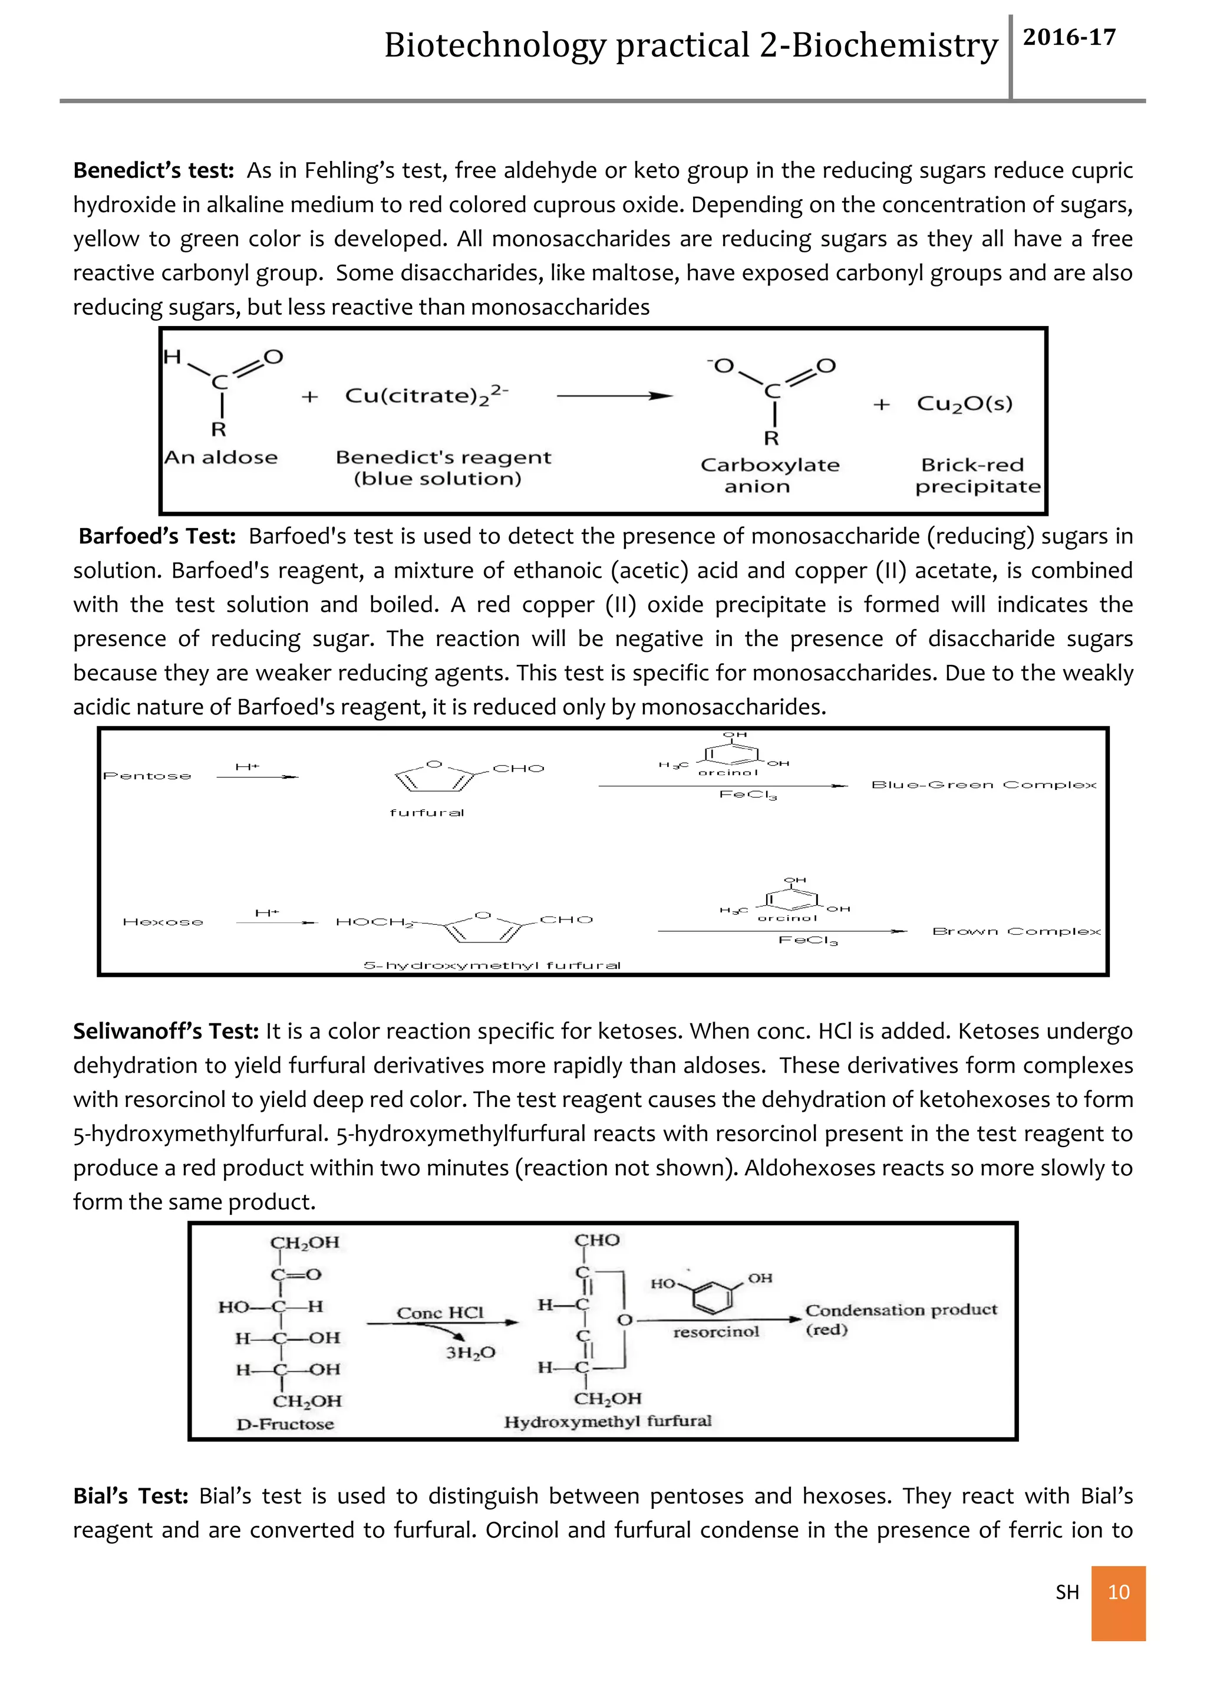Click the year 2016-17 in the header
1069,37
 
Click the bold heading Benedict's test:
153,170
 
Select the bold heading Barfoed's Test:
157,536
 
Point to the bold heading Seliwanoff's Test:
166,1031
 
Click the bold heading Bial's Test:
131,1496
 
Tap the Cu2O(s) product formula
964,404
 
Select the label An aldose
221,457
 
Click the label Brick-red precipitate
977,476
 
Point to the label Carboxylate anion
769,476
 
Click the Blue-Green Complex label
983,785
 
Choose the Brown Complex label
1016,931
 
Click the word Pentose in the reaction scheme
147,776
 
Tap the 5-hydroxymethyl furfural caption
492,965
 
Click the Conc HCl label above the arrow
440,1313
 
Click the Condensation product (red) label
900,1319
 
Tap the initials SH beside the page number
1067,1593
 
